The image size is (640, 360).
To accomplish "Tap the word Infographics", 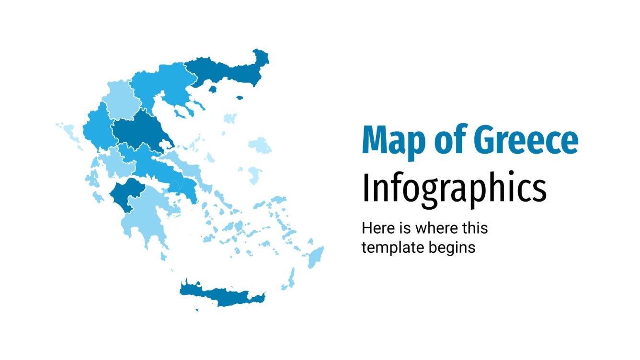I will point(454,189).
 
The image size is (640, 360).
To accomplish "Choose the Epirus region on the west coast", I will point(98,127).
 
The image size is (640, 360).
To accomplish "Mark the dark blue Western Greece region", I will point(126,194).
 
